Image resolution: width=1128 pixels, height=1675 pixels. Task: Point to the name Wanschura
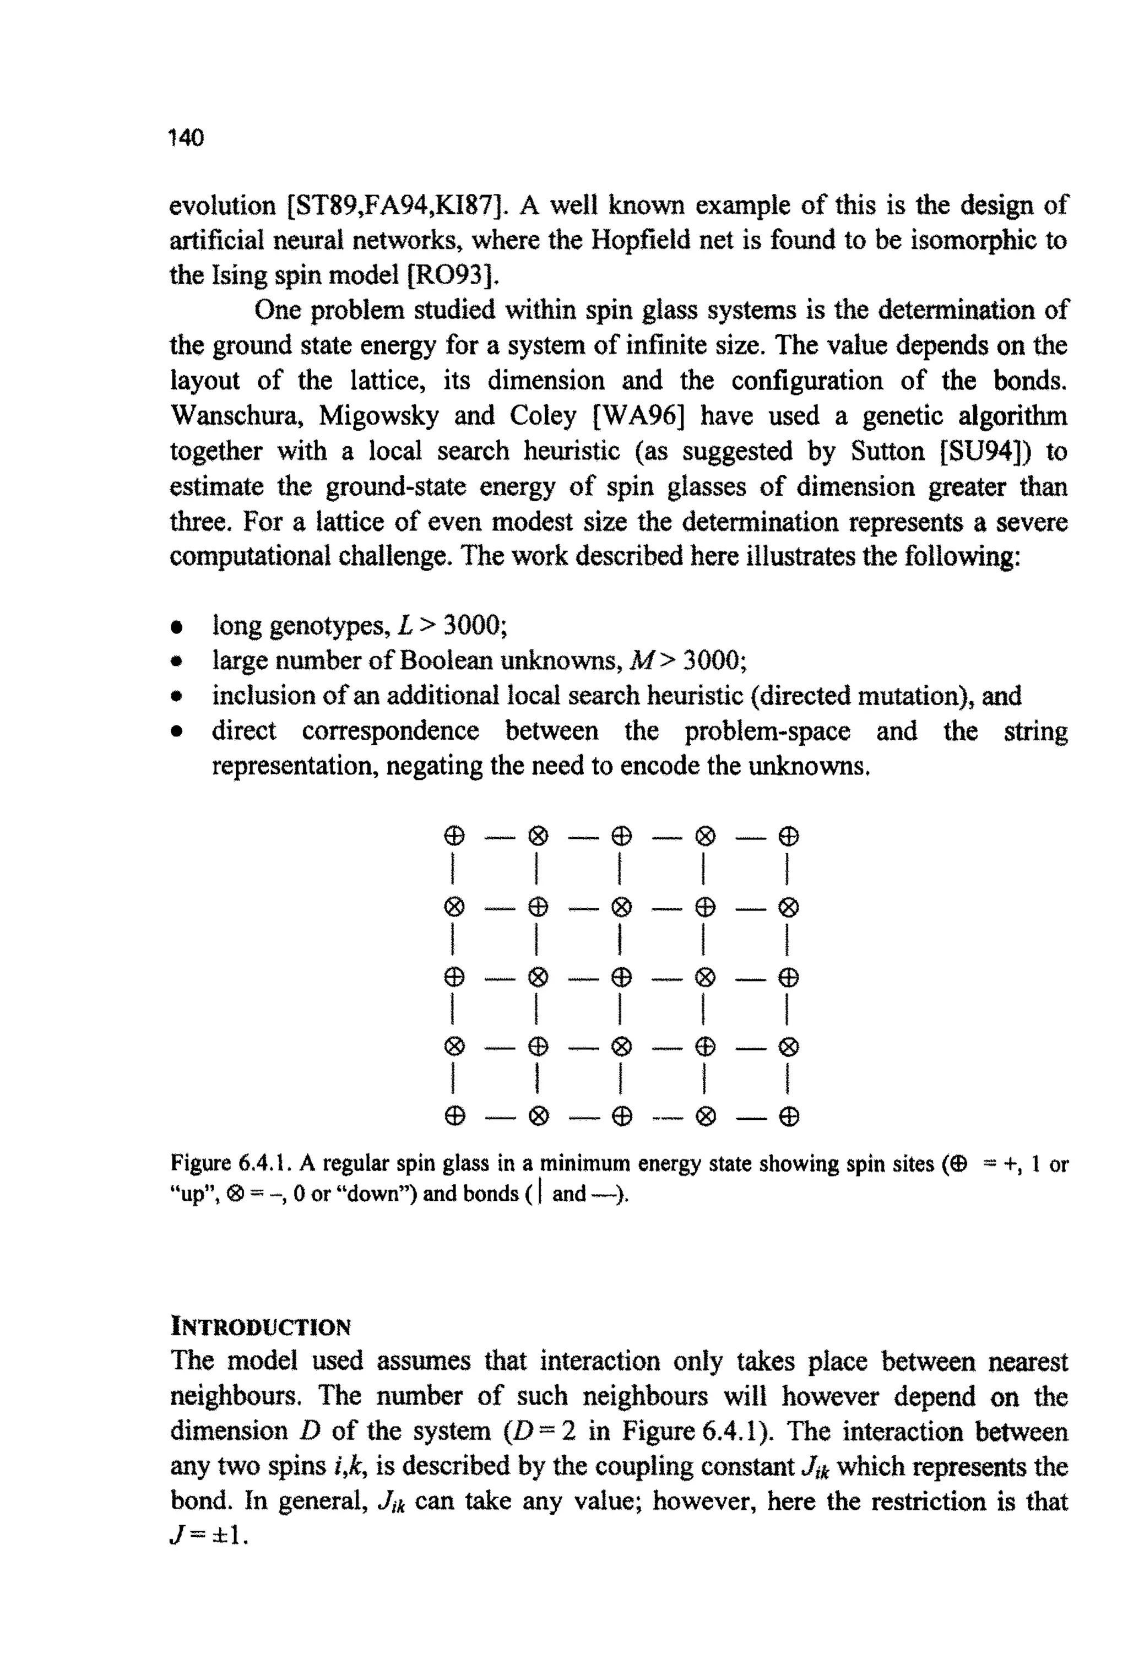tap(237, 416)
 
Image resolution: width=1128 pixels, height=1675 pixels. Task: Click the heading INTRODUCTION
tap(261, 1326)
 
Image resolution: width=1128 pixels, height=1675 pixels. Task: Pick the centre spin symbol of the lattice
tap(621, 977)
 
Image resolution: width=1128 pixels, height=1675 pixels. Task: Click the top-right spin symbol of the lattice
tap(789, 836)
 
